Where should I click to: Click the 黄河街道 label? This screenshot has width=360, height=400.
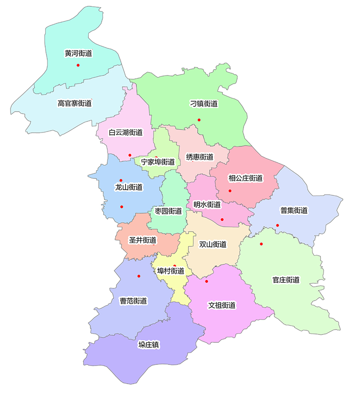pyautogui.click(x=78, y=53)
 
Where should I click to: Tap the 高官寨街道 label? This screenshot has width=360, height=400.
pyautogui.click(x=74, y=103)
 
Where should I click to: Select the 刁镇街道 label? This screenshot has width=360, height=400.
pyautogui.click(x=204, y=103)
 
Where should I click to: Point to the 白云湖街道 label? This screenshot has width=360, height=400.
pyautogui.click(x=126, y=133)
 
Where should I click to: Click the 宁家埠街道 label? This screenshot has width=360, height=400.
pyautogui.click(x=158, y=162)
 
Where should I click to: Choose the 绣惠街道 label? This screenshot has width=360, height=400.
pyautogui.click(x=200, y=157)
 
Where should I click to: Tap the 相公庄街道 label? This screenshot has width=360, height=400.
pyautogui.click(x=246, y=178)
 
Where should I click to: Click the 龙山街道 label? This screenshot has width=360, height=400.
pyautogui.click(x=129, y=187)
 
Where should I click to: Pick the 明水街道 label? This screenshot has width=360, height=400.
pyautogui.click(x=207, y=205)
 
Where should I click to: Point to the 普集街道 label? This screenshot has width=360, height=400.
pyautogui.click(x=294, y=210)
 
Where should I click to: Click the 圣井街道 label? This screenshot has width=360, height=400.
pyautogui.click(x=143, y=240)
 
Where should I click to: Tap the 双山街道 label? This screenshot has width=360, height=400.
pyautogui.click(x=213, y=244)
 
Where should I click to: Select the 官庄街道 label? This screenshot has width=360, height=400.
pyautogui.click(x=286, y=280)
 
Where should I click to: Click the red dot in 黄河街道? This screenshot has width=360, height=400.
pyautogui.click(x=78, y=65)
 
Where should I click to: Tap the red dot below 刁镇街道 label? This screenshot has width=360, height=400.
pyautogui.click(x=199, y=120)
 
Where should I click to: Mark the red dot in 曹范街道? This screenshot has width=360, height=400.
pyautogui.click(x=139, y=276)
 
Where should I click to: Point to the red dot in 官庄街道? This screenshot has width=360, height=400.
pyautogui.click(x=262, y=244)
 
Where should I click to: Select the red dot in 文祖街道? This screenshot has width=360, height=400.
pyautogui.click(x=206, y=281)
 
